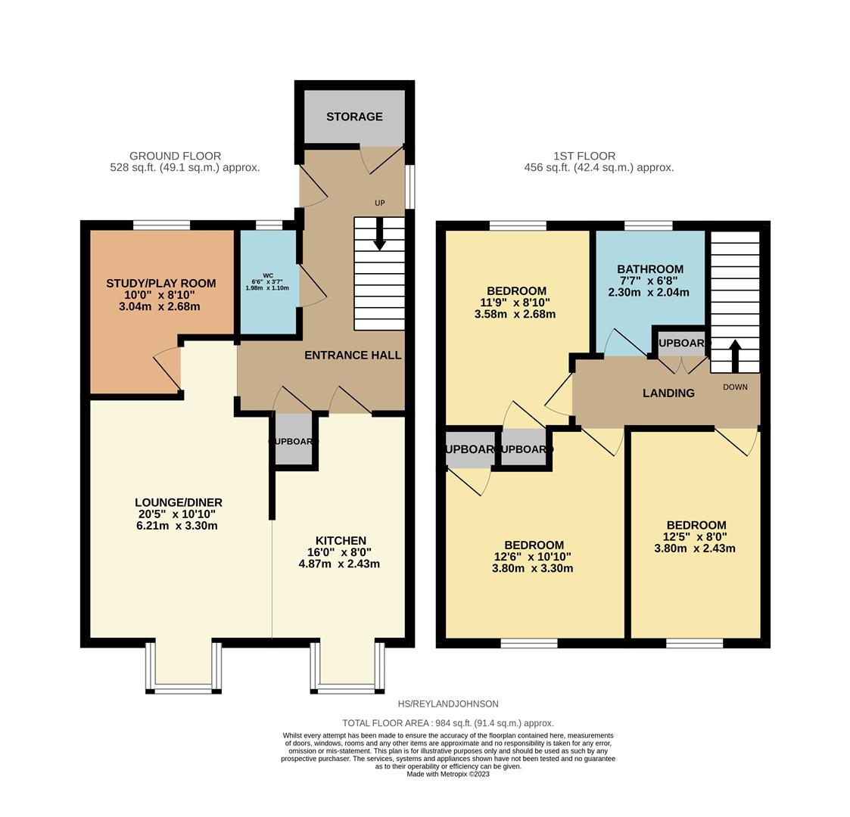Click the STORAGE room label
354,116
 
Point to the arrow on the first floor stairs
734,355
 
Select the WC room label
268,275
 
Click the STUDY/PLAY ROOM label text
160,284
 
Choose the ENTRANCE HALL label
353,355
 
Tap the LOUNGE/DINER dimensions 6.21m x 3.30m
179,526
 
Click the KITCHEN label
341,540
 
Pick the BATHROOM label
649,269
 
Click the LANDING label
668,393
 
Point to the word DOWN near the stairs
735,387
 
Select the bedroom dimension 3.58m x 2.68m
515,314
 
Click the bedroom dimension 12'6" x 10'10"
533,557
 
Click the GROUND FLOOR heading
175,156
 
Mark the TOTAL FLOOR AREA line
447,723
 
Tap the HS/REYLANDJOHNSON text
448,704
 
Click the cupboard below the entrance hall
293,441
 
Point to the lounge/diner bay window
184,667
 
